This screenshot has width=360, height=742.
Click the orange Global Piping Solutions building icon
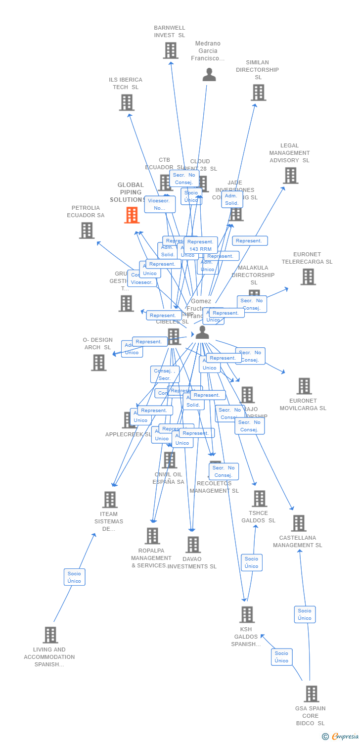click(132, 215)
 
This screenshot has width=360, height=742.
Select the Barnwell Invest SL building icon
click(171, 50)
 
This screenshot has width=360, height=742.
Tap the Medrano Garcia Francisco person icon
click(209, 75)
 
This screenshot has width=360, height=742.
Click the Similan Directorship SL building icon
click(258, 93)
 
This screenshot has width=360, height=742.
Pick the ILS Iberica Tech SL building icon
click(127, 102)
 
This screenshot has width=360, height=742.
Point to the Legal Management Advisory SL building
click(290, 175)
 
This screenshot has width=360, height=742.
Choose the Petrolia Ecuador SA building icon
click(87, 230)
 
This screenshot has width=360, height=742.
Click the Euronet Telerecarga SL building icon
click(308, 277)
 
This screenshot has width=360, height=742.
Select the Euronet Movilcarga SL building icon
click(304, 386)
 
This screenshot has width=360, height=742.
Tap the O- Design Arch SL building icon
click(98, 362)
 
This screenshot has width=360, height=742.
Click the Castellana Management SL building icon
click(298, 523)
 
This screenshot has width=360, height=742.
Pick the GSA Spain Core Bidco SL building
click(311, 694)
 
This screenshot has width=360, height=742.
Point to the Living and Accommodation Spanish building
click(50, 635)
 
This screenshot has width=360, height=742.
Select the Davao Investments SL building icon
click(193, 545)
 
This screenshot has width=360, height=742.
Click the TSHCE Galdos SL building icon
click(259, 499)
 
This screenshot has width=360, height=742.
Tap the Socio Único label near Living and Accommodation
click(74, 577)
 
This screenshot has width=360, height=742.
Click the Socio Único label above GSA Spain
click(305, 614)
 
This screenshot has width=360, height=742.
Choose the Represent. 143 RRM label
click(201, 245)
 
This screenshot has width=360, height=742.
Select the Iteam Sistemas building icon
click(109, 499)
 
